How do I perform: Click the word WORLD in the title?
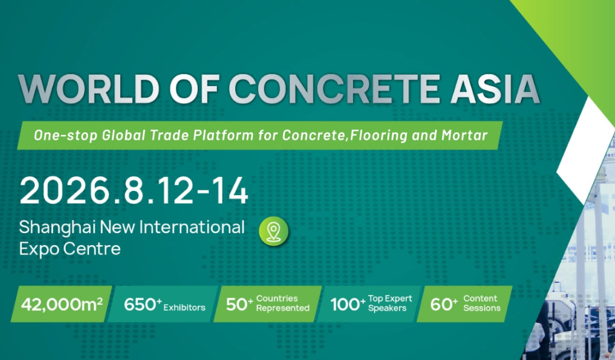(x=88, y=89)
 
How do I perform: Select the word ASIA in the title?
(x=495, y=89)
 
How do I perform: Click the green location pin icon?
(x=274, y=231)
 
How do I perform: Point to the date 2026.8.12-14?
(x=134, y=191)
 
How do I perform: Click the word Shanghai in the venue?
(x=57, y=228)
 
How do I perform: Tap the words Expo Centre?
(x=70, y=249)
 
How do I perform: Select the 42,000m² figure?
(x=61, y=304)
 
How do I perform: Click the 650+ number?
(x=143, y=305)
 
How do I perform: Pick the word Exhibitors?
(x=185, y=308)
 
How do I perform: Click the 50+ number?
(x=239, y=305)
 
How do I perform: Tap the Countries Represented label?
(x=283, y=303)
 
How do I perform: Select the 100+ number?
(x=348, y=305)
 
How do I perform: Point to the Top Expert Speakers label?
(x=390, y=303)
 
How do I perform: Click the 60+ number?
(x=443, y=305)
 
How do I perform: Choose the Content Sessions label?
(x=482, y=303)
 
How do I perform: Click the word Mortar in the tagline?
(x=465, y=135)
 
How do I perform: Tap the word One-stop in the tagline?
(x=65, y=136)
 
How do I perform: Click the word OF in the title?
(x=194, y=89)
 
